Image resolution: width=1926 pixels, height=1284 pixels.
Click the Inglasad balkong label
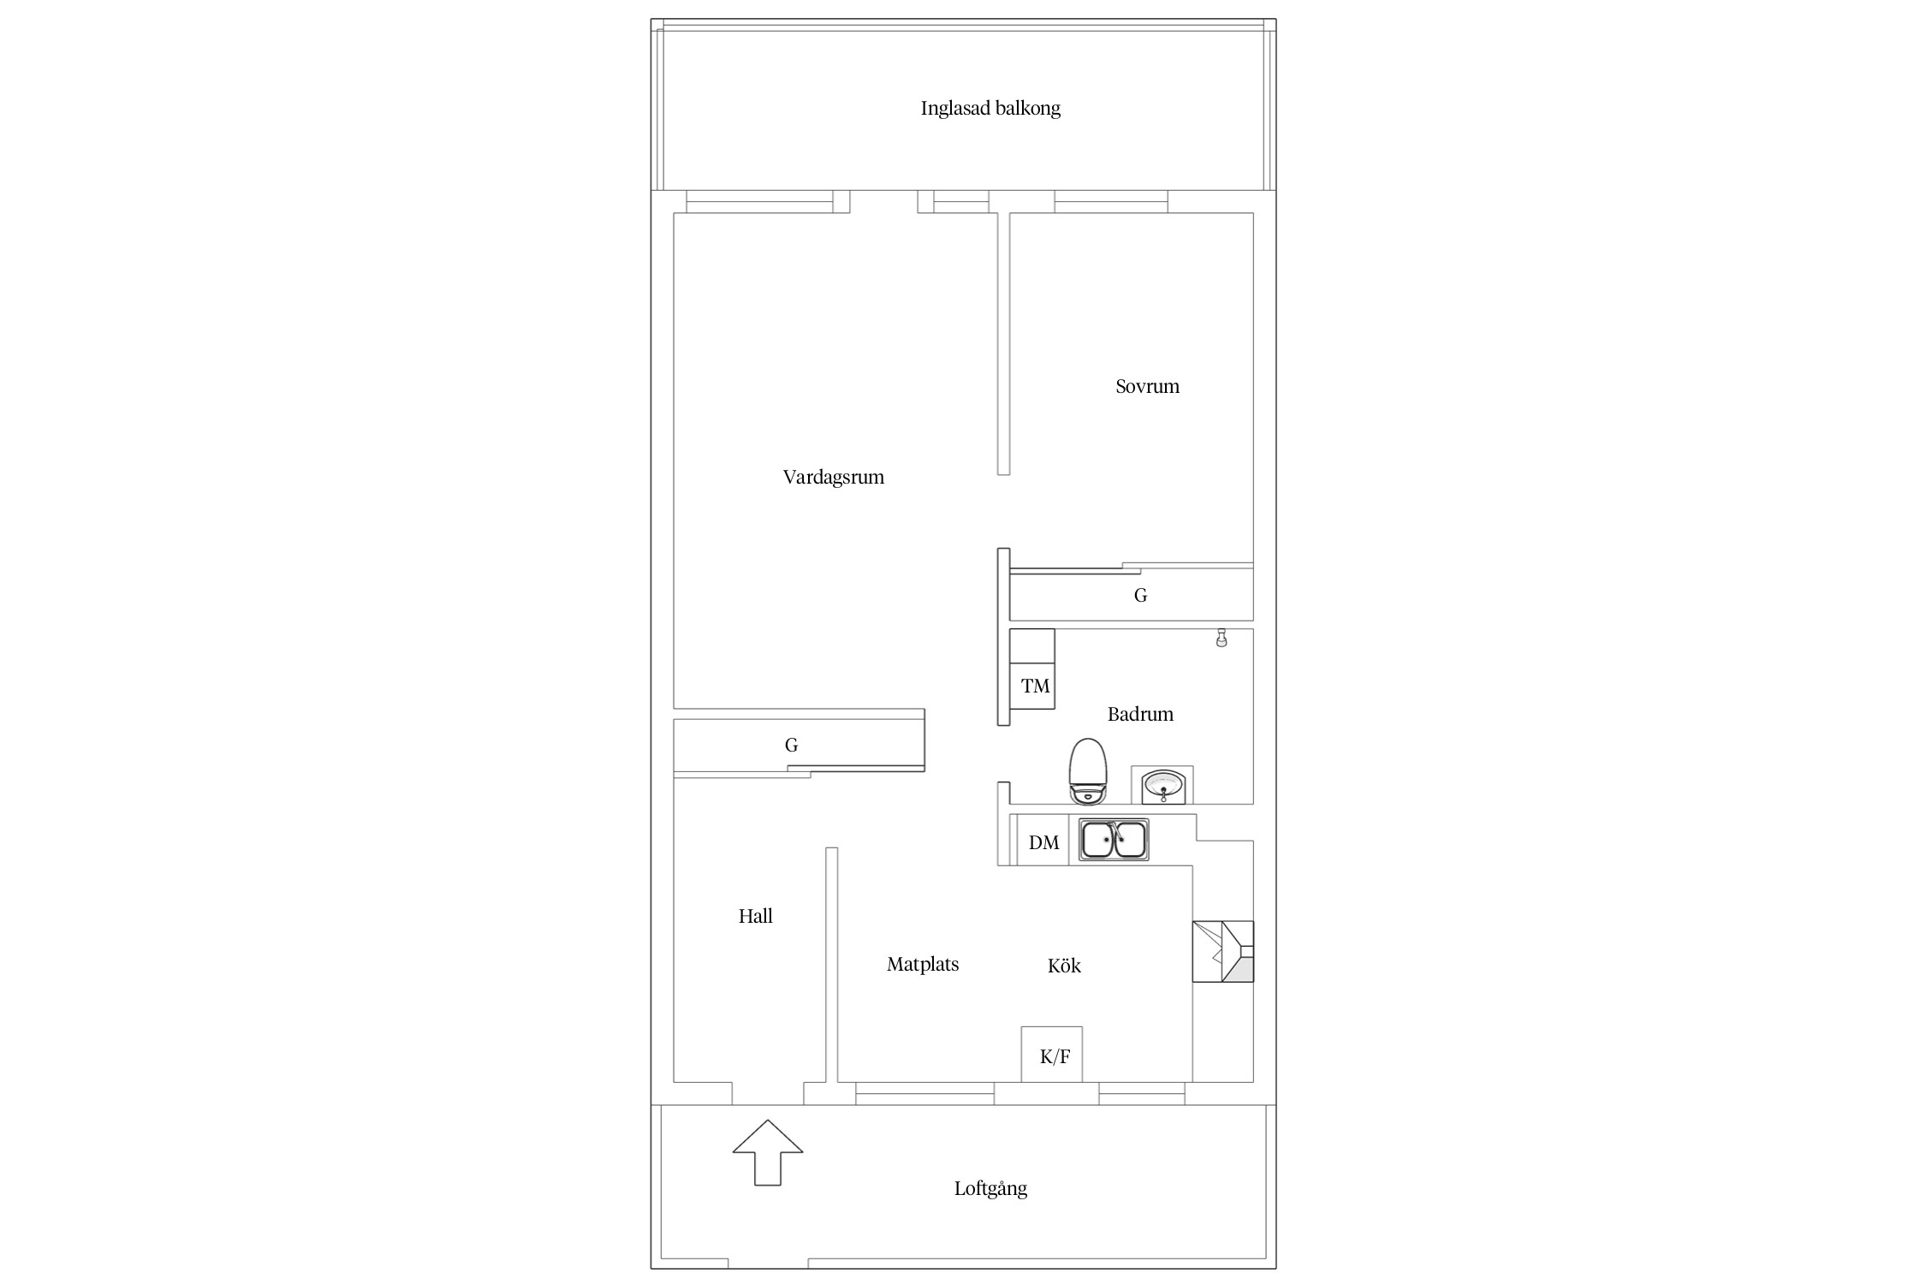click(990, 109)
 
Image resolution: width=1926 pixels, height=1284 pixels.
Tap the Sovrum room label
click(1147, 386)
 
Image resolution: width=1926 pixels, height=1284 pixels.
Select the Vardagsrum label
click(833, 478)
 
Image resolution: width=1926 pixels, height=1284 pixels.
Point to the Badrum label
click(1140, 714)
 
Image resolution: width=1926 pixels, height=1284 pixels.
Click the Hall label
click(755, 916)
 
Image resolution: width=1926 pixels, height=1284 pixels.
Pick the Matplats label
click(923, 965)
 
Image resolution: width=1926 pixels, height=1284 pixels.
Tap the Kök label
click(1064, 966)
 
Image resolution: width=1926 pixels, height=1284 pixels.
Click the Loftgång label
click(990, 1188)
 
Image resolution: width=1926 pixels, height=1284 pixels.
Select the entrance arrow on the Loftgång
click(768, 1152)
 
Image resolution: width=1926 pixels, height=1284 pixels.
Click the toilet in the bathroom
click(1088, 771)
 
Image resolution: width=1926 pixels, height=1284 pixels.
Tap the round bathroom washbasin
click(1163, 785)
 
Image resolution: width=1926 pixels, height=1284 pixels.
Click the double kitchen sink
click(1114, 840)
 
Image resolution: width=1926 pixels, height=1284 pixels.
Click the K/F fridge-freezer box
click(1052, 1055)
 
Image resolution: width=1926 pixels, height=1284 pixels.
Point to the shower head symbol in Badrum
click(1222, 639)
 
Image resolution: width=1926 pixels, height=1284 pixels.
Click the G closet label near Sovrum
click(1140, 596)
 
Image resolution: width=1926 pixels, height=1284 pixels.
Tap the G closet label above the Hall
click(791, 746)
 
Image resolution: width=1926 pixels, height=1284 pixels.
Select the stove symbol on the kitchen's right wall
click(1223, 951)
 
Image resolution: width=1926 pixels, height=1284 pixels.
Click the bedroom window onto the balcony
click(1111, 202)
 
